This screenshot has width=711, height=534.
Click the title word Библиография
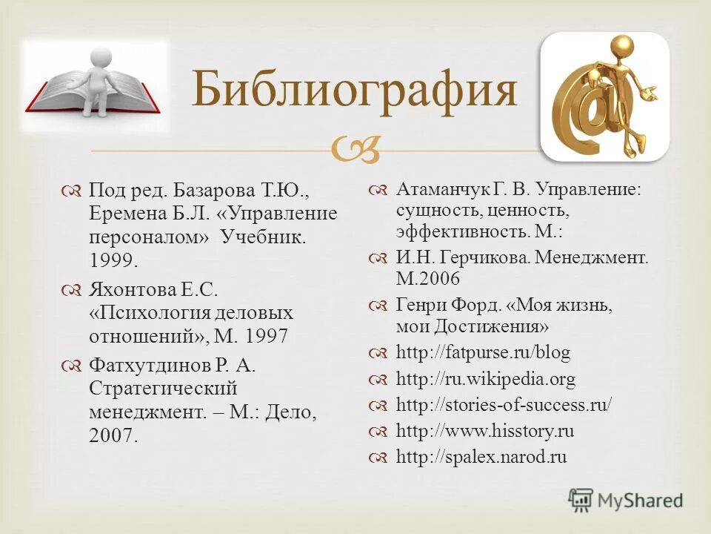pos(354,90)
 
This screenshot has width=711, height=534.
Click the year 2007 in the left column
pos(113,435)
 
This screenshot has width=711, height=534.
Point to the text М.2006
pos(428,278)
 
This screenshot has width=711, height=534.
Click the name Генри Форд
pos(450,305)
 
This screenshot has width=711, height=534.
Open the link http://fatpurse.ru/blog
pos(483,352)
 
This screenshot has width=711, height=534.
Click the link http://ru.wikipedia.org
pos(486,379)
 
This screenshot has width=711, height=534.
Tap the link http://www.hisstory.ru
pos(485,431)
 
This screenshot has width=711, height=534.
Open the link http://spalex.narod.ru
pos(481,457)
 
